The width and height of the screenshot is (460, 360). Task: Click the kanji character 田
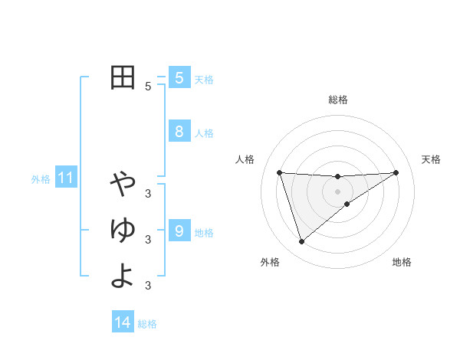[123, 77]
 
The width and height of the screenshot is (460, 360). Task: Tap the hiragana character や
[123, 184]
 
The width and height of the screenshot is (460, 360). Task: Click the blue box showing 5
[179, 78]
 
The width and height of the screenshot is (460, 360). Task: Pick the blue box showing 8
[179, 132]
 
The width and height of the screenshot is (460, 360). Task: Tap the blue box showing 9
[179, 231]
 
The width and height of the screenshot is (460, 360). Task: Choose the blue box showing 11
[66, 178]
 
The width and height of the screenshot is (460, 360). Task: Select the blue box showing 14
[123, 323]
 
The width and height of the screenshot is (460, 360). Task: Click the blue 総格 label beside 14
[147, 324]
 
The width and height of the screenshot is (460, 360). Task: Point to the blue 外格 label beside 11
[41, 179]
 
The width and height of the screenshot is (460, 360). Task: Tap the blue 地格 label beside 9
[204, 232]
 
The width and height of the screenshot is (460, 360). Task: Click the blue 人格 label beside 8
[204, 133]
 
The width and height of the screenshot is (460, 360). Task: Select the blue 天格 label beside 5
[204, 79]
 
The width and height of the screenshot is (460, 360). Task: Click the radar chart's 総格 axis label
[337, 100]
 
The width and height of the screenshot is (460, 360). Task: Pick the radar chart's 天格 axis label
[432, 159]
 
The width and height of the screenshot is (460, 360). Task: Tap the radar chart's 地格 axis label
[402, 262]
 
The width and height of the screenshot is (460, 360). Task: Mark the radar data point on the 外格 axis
[301, 242]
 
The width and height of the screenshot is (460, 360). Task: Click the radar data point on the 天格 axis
[396, 172]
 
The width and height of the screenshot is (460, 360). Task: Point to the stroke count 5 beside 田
[148, 87]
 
